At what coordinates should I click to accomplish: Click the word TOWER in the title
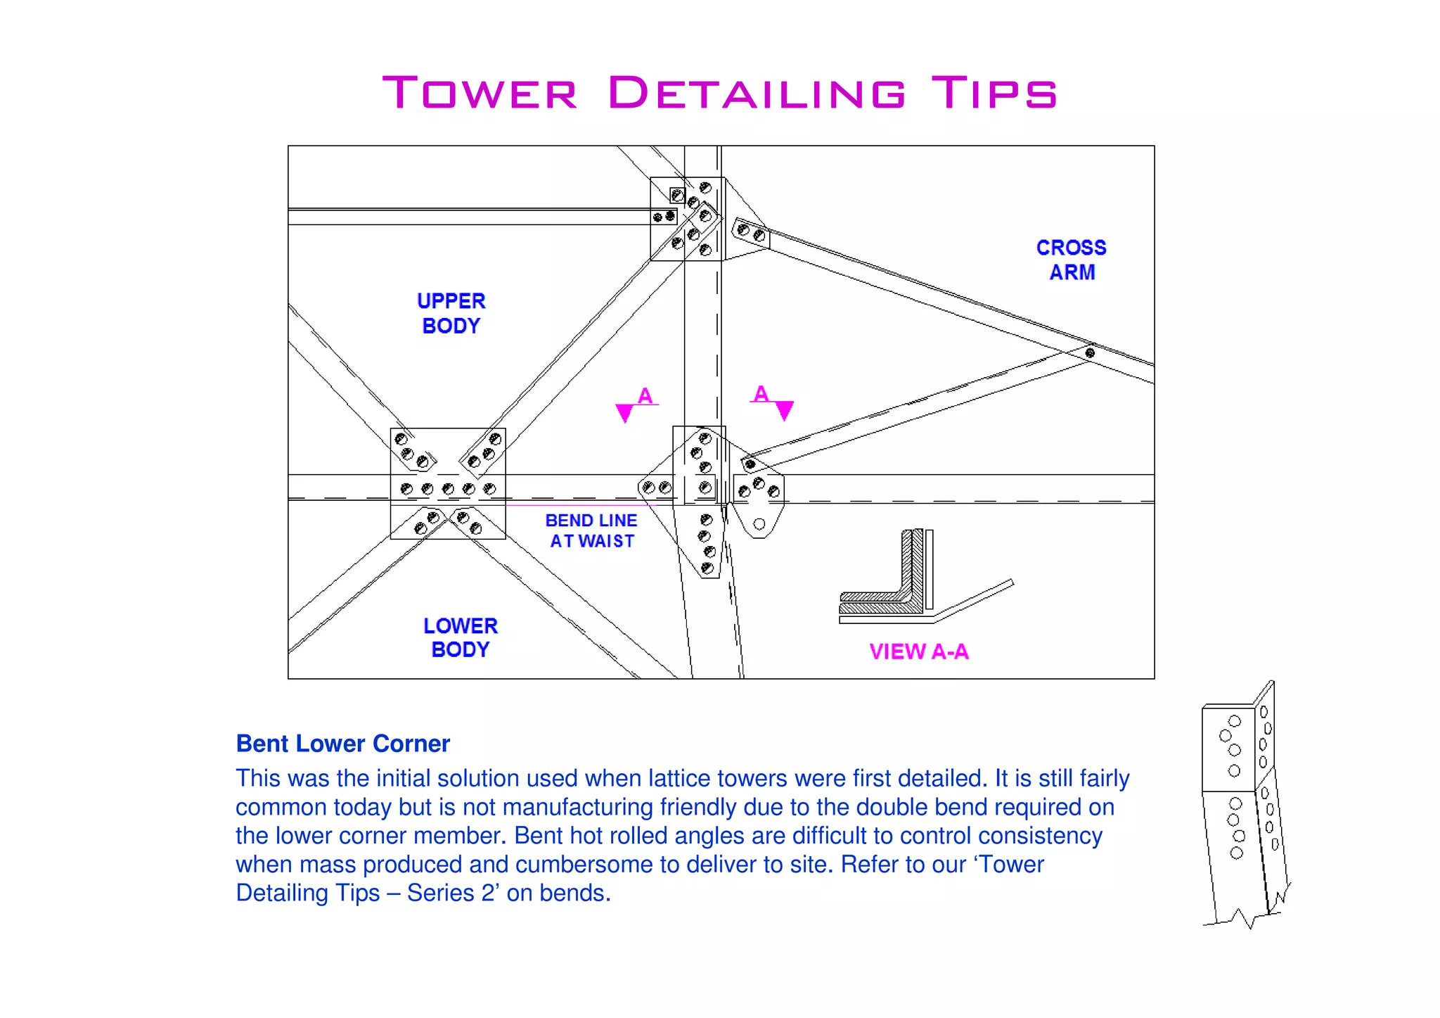(x=480, y=93)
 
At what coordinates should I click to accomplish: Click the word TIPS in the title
(x=994, y=93)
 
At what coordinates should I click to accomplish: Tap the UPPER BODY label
(x=451, y=314)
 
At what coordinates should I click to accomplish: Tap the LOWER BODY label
(x=461, y=637)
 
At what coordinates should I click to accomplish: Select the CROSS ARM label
(x=1071, y=260)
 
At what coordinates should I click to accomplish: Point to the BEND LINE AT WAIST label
(x=591, y=530)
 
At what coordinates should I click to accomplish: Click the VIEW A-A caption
(x=918, y=651)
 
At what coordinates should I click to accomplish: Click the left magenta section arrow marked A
(x=624, y=412)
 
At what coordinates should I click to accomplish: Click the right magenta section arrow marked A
(x=784, y=409)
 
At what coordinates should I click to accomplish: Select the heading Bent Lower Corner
(x=342, y=744)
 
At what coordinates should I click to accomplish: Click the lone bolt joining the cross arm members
(x=1090, y=352)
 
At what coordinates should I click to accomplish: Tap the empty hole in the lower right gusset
(x=759, y=524)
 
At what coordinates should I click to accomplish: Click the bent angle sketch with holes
(x=1245, y=802)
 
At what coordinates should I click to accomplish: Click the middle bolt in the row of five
(x=448, y=489)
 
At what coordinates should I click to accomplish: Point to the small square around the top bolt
(x=677, y=195)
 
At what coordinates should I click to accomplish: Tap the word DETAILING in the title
(x=757, y=93)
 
